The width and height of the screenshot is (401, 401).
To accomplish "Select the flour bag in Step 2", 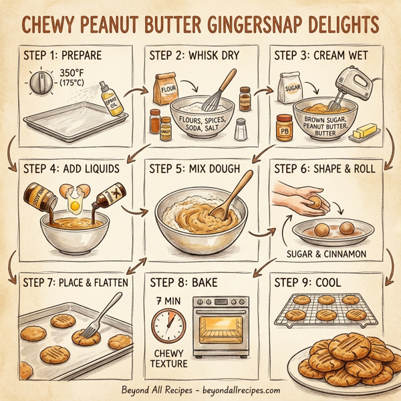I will pyautogui.click(x=165, y=88).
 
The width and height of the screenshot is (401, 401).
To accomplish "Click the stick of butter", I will pyautogui.click(x=365, y=132).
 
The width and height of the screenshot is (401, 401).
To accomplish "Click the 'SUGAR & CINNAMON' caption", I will pyautogui.click(x=325, y=253).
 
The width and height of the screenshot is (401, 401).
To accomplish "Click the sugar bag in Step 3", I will pyautogui.click(x=290, y=88).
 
